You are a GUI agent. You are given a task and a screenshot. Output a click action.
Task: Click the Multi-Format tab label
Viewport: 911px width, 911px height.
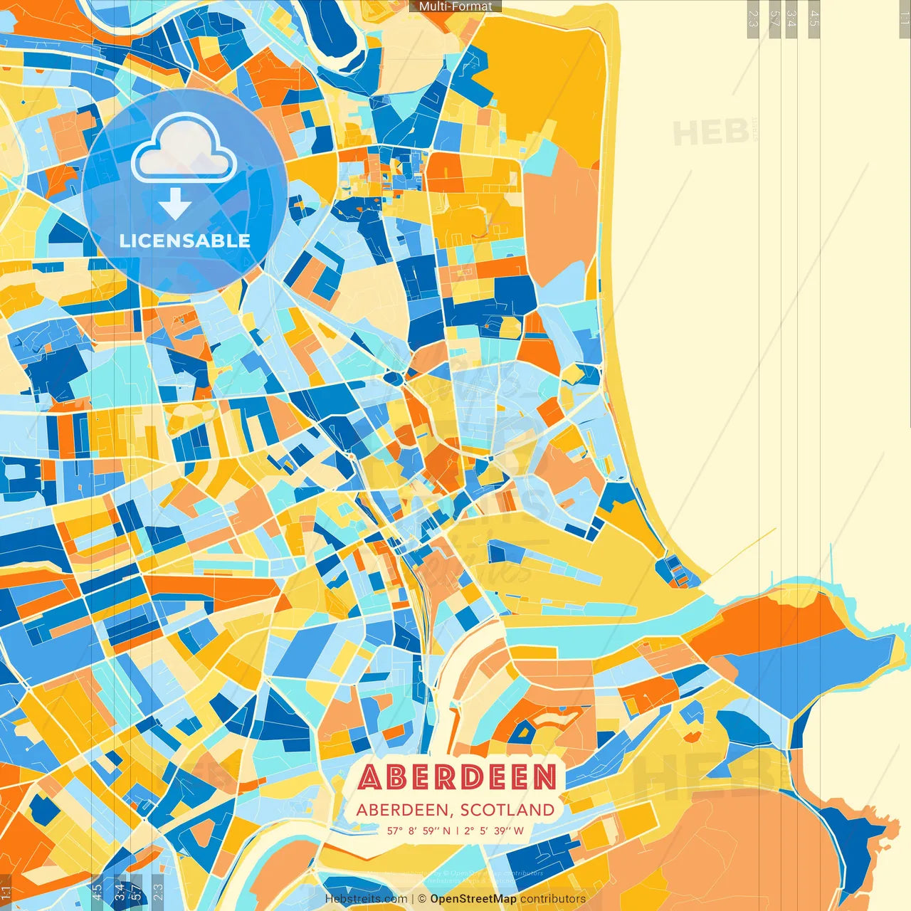(x=455, y=6)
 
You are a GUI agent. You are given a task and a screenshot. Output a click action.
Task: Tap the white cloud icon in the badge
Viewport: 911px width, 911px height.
(x=184, y=149)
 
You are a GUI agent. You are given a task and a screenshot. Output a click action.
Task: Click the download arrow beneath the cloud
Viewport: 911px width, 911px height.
(x=174, y=204)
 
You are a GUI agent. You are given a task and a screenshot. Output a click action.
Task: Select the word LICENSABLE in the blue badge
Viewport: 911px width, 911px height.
(x=184, y=241)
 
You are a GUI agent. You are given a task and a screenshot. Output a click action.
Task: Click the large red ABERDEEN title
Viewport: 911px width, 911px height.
(x=457, y=777)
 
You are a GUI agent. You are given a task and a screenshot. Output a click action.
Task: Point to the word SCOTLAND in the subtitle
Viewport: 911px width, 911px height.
(x=507, y=810)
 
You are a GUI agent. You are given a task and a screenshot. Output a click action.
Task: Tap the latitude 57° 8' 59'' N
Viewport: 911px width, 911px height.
(x=419, y=831)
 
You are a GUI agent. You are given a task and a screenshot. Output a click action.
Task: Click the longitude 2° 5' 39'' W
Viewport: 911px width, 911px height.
(x=494, y=831)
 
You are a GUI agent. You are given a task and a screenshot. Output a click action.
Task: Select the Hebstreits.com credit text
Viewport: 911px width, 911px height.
(x=366, y=899)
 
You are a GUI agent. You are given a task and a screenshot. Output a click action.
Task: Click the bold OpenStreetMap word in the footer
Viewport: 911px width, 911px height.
(x=473, y=899)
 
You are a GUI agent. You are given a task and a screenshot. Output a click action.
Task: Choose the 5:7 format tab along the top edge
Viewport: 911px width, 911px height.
(x=774, y=19)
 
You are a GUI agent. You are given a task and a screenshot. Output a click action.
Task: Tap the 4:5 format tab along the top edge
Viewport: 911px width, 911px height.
(x=814, y=19)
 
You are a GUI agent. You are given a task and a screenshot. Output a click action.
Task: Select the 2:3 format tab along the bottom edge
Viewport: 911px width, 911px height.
(x=158, y=892)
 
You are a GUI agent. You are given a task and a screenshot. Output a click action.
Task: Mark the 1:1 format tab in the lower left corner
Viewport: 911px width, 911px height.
(x=6, y=892)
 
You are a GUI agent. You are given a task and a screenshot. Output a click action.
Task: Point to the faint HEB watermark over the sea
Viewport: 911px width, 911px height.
(x=710, y=133)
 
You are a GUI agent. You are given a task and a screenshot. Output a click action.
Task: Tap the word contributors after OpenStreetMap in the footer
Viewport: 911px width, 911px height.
(x=553, y=899)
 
